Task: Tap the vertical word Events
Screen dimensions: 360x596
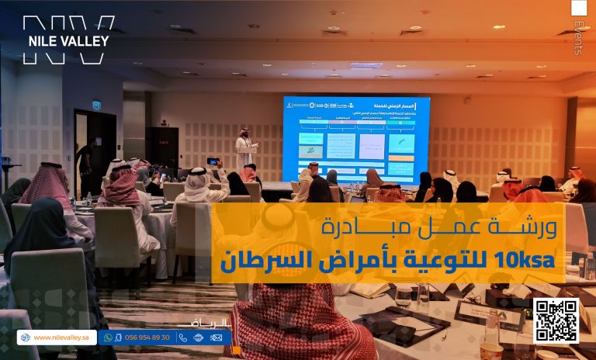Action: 577,38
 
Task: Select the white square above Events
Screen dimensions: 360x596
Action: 579,8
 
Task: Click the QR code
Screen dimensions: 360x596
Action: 556,320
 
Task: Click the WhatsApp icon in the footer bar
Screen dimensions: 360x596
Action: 109,337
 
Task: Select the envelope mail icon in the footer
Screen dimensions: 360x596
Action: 217,337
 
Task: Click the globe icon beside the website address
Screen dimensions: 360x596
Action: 25,337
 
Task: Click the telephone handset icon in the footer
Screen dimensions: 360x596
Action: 183,337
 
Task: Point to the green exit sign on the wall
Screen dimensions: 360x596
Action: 96,105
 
